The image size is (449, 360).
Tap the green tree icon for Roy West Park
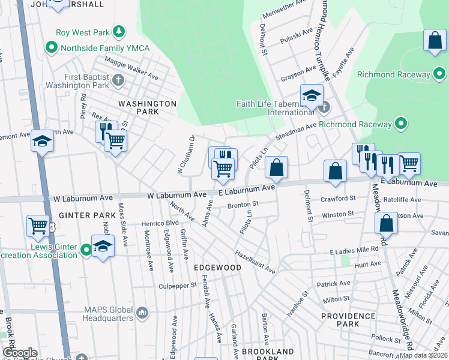(119, 32)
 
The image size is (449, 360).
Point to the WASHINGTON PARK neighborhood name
(147, 107)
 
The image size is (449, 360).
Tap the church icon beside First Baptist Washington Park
(118, 79)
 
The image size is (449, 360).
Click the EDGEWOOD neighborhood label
(217, 268)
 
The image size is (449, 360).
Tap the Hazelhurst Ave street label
(255, 262)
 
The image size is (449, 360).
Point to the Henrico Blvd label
(160, 223)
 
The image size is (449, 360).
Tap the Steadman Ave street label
(295, 130)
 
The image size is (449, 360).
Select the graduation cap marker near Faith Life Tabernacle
(312, 95)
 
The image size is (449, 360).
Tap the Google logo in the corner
(20, 353)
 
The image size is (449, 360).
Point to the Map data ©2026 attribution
(424, 355)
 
